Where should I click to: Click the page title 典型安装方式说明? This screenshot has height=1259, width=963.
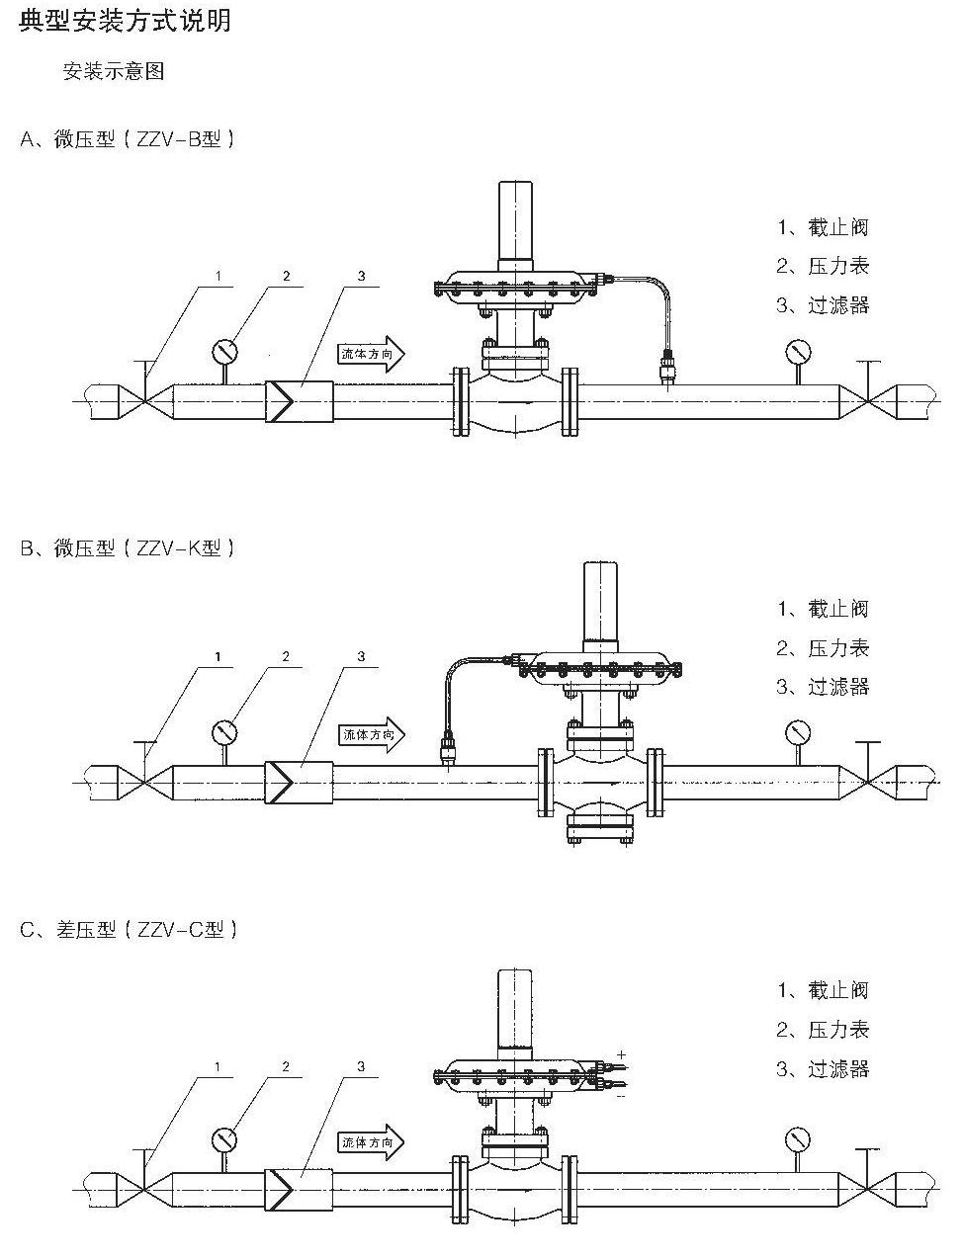click(126, 20)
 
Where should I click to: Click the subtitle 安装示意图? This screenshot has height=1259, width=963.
click(114, 72)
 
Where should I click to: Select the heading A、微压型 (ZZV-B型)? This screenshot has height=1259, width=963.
click(129, 139)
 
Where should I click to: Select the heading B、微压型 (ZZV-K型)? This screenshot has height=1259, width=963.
click(129, 547)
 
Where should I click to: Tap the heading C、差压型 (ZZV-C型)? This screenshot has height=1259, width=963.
click(129, 930)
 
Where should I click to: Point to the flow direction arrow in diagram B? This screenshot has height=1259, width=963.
click(374, 734)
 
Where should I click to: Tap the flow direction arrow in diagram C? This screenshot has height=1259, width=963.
click(372, 1142)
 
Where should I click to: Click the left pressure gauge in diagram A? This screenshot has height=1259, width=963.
click(225, 351)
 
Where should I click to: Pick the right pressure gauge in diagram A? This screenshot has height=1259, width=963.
click(797, 351)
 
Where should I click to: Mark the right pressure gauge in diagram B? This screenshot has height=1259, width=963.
click(797, 733)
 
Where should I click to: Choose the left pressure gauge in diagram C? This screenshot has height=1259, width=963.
click(225, 1139)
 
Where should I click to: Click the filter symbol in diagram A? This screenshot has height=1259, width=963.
click(298, 402)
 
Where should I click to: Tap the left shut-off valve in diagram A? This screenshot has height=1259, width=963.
click(145, 402)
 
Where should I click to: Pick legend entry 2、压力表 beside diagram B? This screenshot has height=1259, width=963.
click(823, 648)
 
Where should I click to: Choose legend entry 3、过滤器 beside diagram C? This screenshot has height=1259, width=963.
click(823, 1068)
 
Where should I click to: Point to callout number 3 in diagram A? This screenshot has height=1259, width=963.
click(362, 277)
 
